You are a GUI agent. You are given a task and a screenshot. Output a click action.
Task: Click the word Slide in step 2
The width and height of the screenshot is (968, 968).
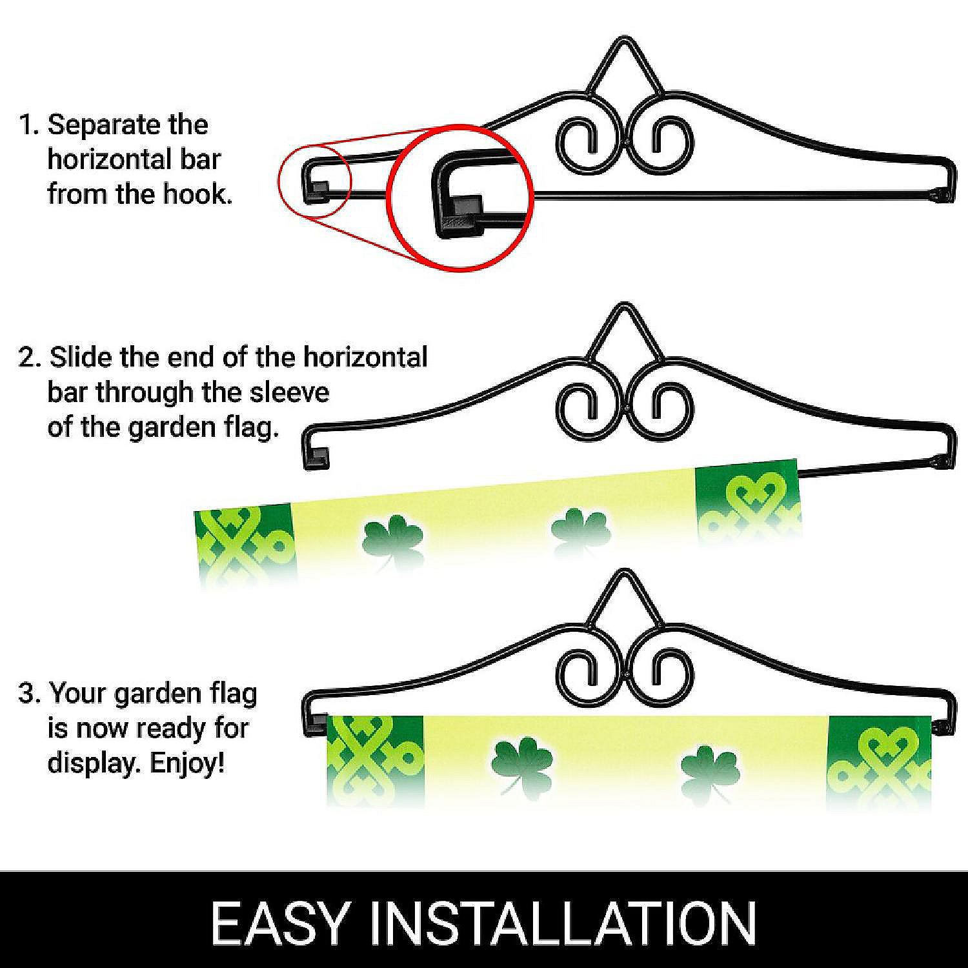[x=85, y=357]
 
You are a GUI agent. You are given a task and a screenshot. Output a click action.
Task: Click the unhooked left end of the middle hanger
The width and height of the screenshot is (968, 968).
[x=316, y=454]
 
